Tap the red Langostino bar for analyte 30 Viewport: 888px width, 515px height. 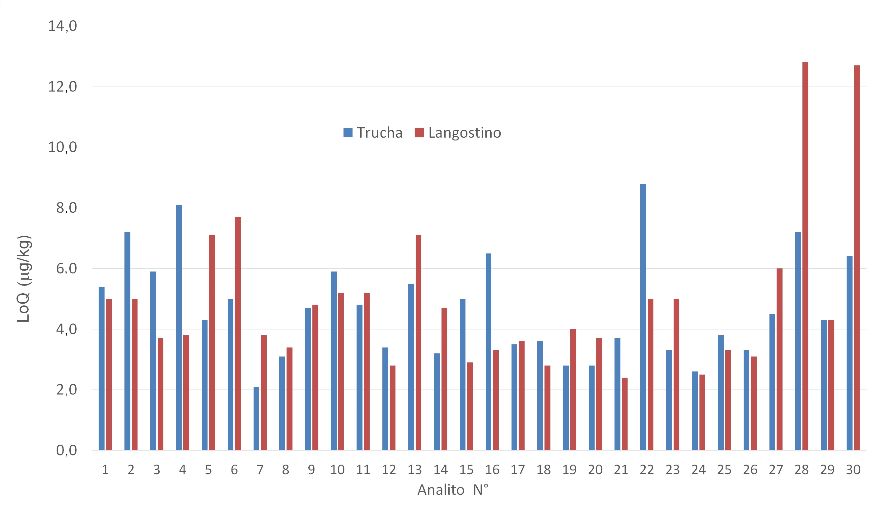pos(857,257)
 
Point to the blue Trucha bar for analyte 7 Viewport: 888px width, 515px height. pos(256,418)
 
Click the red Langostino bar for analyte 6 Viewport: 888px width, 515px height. pos(238,333)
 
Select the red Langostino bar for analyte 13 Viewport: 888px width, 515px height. pos(418,343)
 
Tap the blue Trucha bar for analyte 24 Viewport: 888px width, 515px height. pos(695,411)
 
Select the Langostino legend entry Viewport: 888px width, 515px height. pos(458,133)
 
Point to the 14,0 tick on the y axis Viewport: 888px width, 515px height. pos(62,26)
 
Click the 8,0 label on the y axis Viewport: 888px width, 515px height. pos(66,208)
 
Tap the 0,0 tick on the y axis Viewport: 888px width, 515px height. pos(66,451)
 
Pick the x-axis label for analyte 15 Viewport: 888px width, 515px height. pos(466,470)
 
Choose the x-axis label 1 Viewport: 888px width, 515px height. pos(105,470)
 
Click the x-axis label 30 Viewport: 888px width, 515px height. pos(853,470)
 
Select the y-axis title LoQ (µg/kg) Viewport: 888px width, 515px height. pos(24,279)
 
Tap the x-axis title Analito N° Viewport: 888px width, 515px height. pos(453,490)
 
